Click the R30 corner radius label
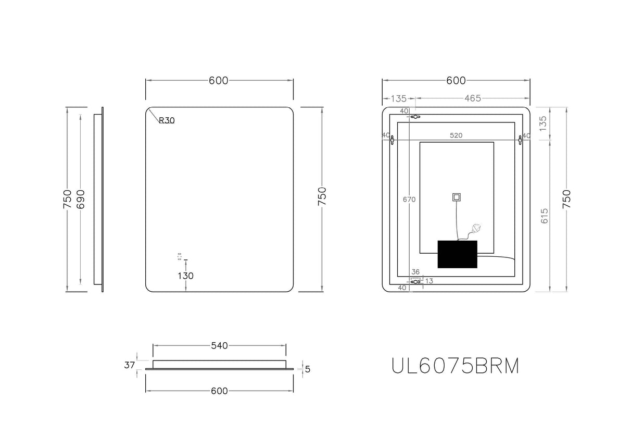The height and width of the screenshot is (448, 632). point(167,120)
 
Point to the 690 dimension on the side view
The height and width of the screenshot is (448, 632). point(81,199)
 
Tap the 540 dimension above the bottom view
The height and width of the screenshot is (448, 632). point(219,345)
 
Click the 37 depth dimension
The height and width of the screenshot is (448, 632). point(130,365)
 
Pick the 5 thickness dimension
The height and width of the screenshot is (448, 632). point(308,369)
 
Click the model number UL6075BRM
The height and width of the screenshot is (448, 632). point(456,366)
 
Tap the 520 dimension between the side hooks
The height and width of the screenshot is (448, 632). point(456,135)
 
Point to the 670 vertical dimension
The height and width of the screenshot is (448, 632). point(410,199)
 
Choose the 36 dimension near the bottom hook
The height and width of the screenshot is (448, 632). point(415,272)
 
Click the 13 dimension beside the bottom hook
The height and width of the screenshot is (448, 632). point(429,281)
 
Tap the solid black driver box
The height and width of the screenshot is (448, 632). point(458,254)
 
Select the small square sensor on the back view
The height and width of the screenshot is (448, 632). point(457,197)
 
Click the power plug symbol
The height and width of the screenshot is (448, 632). point(475,228)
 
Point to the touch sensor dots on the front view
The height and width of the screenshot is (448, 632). point(180,257)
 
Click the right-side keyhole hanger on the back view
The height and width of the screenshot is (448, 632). point(520,140)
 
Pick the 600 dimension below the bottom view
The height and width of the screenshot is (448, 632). point(219,391)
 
